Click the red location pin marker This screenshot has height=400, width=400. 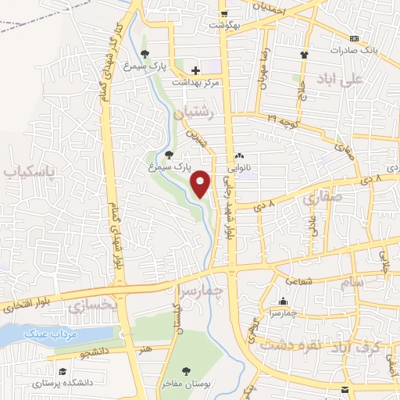[202, 184]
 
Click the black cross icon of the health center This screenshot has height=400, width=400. [195, 70]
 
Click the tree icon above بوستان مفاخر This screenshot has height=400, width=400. [186, 371]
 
